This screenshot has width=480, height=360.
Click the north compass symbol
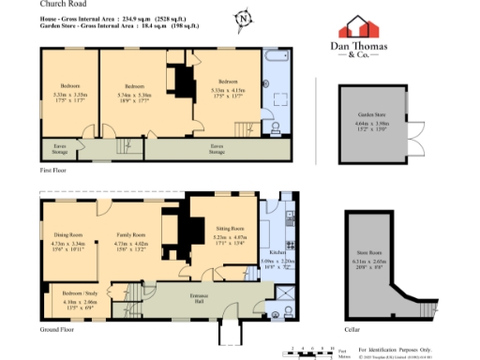click(x=244, y=18)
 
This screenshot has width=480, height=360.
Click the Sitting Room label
click(x=230, y=228)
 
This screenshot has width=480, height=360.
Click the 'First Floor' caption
click(x=54, y=171)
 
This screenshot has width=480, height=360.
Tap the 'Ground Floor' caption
click(x=58, y=331)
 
